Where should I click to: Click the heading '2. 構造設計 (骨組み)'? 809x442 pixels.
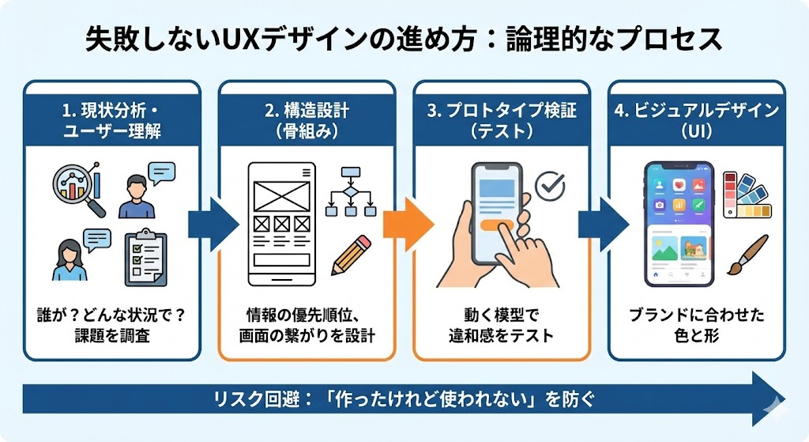(307, 120)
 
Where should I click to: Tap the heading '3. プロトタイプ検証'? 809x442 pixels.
(501, 111)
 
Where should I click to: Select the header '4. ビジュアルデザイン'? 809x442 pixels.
(695, 111)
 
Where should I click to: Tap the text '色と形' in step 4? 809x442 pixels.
(696, 335)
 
